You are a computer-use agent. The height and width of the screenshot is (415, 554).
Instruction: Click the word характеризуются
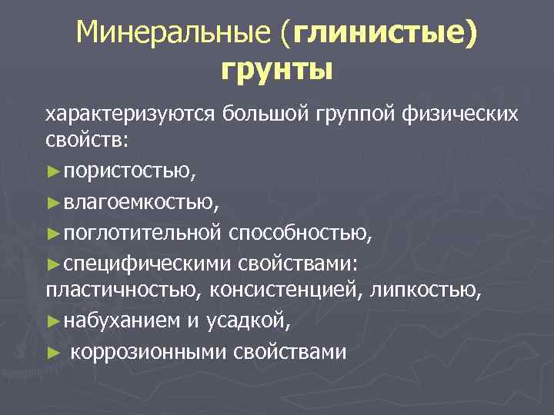point(131,115)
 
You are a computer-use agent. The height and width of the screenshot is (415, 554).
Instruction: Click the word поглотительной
point(144,233)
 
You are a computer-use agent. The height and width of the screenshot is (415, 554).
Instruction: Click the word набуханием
point(122,322)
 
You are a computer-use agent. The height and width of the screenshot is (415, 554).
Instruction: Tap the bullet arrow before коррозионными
point(52,352)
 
